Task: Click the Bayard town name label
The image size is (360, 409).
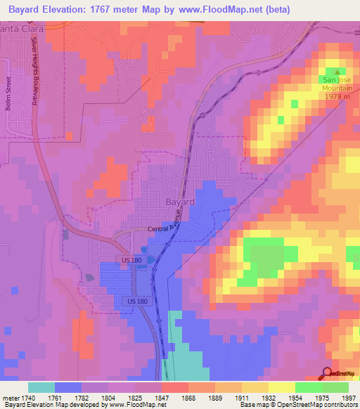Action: click(180, 202)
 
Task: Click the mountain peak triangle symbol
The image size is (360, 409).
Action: click(337, 72)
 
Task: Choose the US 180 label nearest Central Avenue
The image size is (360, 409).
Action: click(131, 261)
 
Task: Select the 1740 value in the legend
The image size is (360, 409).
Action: click(25, 397)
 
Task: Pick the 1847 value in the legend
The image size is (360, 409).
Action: click(161, 397)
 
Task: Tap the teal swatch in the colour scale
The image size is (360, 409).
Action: click(41, 387)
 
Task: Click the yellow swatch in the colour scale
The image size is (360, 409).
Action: click(281, 387)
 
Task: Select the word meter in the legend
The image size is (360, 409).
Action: click(8, 397)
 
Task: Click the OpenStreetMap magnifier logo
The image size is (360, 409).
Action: click(328, 373)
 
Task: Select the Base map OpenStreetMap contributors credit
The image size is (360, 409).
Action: click(298, 405)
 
